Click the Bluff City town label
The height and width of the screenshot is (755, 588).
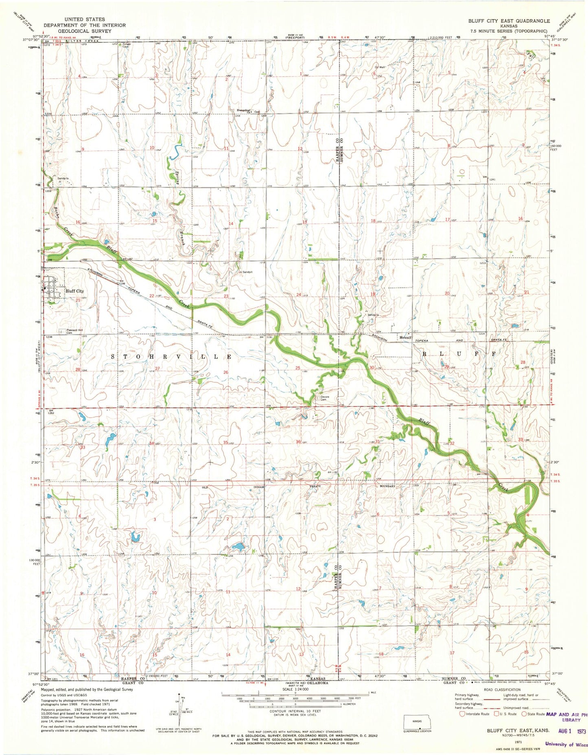click(x=74, y=291)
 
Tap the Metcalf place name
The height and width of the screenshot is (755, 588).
click(x=405, y=337)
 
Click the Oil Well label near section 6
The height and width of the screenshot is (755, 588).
click(x=379, y=67)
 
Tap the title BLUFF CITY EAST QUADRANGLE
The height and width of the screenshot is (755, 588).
click(x=509, y=21)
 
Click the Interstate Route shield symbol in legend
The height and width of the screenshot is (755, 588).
click(x=462, y=714)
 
